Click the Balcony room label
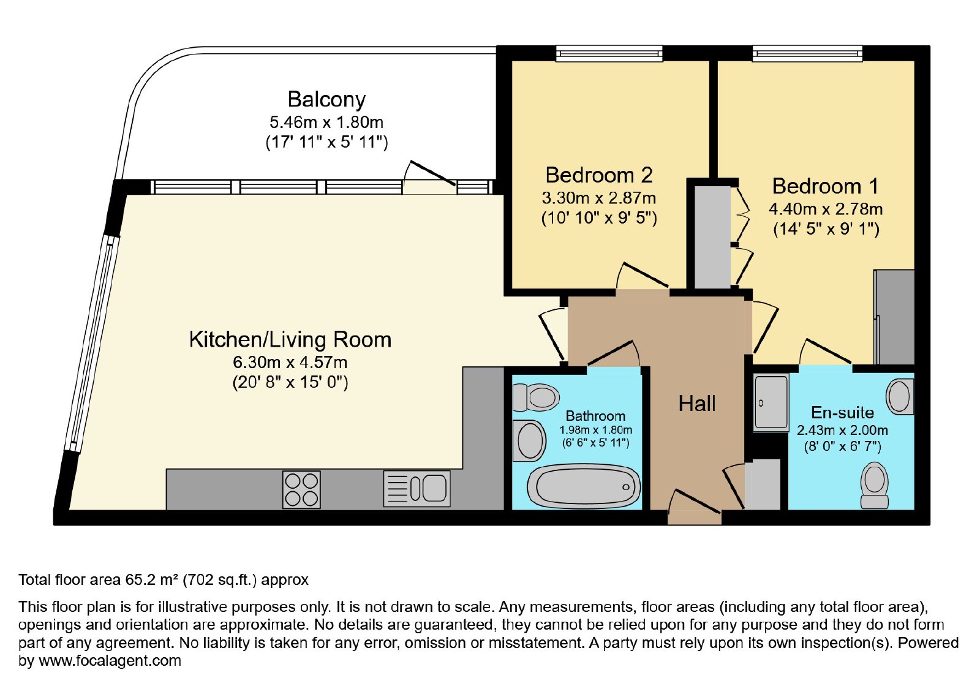pos(326,100)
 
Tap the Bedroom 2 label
pos(599,175)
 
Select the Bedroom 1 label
pos(826,186)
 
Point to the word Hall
pos(697,404)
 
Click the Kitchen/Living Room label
pos(290,340)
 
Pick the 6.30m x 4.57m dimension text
pos(290,362)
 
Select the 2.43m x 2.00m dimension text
pos(842,431)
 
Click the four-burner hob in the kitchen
pos(301,489)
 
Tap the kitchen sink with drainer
pos(417,489)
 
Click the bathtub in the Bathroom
pos(584,486)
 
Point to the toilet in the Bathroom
pos(536,398)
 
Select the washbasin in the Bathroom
pos(529,440)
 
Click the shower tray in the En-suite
pos(771,402)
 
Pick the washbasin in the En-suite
pos(900,397)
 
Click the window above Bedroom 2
pos(609,54)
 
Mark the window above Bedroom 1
pos(808,54)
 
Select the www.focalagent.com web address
pos(110,661)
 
